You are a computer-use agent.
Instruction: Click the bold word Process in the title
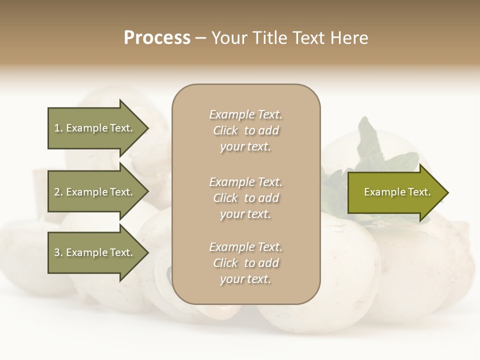tap(157, 38)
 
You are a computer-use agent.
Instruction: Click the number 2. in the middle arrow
tap(58, 192)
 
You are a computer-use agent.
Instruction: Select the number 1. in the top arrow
tap(58, 128)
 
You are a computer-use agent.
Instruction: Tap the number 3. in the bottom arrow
tap(58, 252)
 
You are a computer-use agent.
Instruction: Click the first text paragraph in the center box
tap(245, 130)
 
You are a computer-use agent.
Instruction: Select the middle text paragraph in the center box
tap(245, 198)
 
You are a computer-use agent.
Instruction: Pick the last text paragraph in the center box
tap(245, 263)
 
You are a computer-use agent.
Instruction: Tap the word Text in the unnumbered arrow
tap(419, 192)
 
